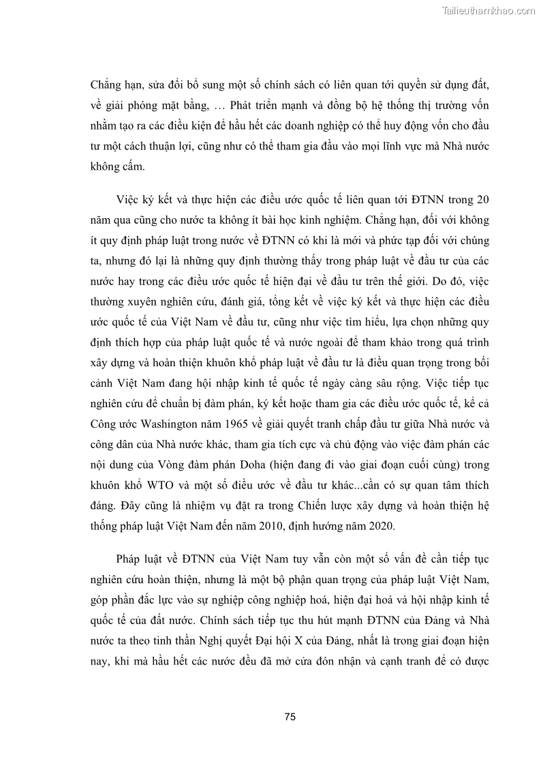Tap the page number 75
pyautogui.click(x=290, y=717)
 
